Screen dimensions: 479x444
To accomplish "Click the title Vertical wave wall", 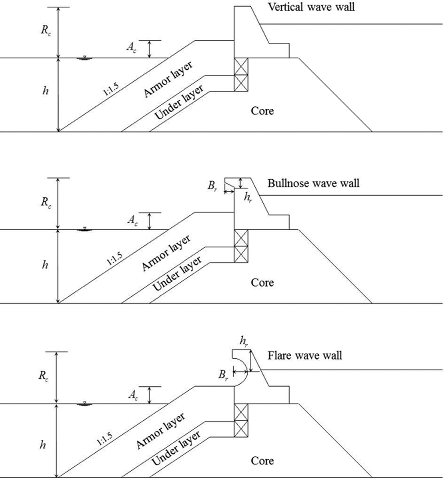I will [x=311, y=7].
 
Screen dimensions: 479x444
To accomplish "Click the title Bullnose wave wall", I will [x=313, y=183].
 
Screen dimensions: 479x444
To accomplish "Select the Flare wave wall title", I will [x=305, y=355].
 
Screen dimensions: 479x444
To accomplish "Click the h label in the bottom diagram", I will [x=43, y=445].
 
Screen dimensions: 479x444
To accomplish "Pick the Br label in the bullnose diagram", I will [x=212, y=186].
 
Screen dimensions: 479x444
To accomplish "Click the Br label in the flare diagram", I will [x=223, y=375].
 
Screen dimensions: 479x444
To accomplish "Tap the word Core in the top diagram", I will [x=262, y=111].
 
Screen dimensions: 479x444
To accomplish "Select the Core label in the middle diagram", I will [x=262, y=282].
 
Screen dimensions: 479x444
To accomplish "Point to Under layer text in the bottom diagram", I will [x=176, y=448].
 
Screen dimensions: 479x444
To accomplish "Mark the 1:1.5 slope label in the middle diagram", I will [x=115, y=259].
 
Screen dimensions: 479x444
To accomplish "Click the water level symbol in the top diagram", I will [x=84, y=58].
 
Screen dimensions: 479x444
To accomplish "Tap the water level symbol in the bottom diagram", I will [x=84, y=404].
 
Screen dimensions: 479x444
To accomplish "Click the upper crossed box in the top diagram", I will [x=241, y=67].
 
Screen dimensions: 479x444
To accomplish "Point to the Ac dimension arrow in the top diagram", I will [x=149, y=49].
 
